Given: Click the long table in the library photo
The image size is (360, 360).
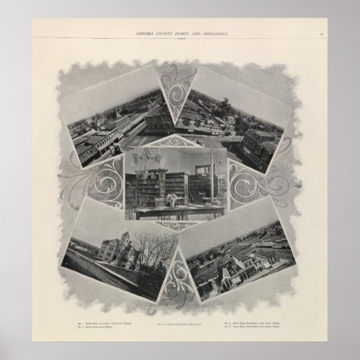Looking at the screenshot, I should (x=173, y=212).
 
